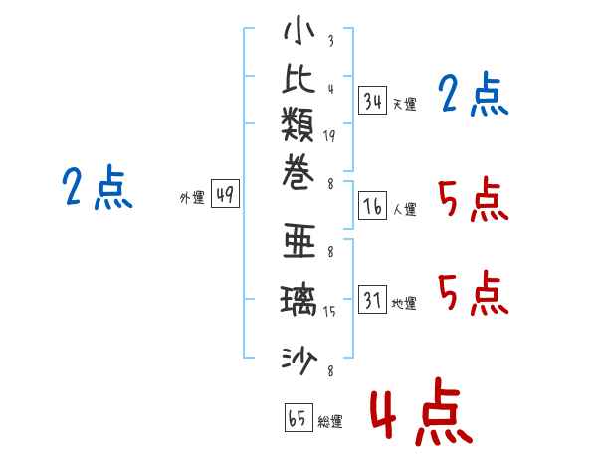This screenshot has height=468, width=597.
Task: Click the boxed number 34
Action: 373,100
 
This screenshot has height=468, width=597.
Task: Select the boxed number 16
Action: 373,206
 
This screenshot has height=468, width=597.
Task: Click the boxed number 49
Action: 224,195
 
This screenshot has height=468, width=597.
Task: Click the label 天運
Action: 404,104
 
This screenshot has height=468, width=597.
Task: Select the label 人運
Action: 404,210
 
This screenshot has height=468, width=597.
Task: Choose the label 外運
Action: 191,198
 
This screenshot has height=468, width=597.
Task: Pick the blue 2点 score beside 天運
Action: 473,96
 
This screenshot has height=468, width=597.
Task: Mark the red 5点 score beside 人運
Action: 473,202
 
